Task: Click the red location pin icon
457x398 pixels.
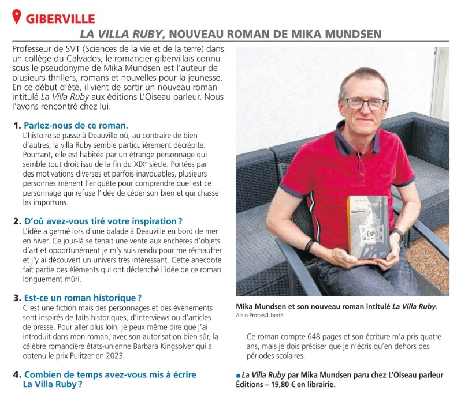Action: (x=17, y=17)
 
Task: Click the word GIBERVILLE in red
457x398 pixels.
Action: (x=60, y=19)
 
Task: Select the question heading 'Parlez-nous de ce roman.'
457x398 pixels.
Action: (x=76, y=125)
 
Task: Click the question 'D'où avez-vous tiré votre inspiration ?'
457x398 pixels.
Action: (x=103, y=221)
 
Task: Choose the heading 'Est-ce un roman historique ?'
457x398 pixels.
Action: (x=83, y=298)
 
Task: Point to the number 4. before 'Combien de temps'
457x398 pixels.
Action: (x=17, y=374)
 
